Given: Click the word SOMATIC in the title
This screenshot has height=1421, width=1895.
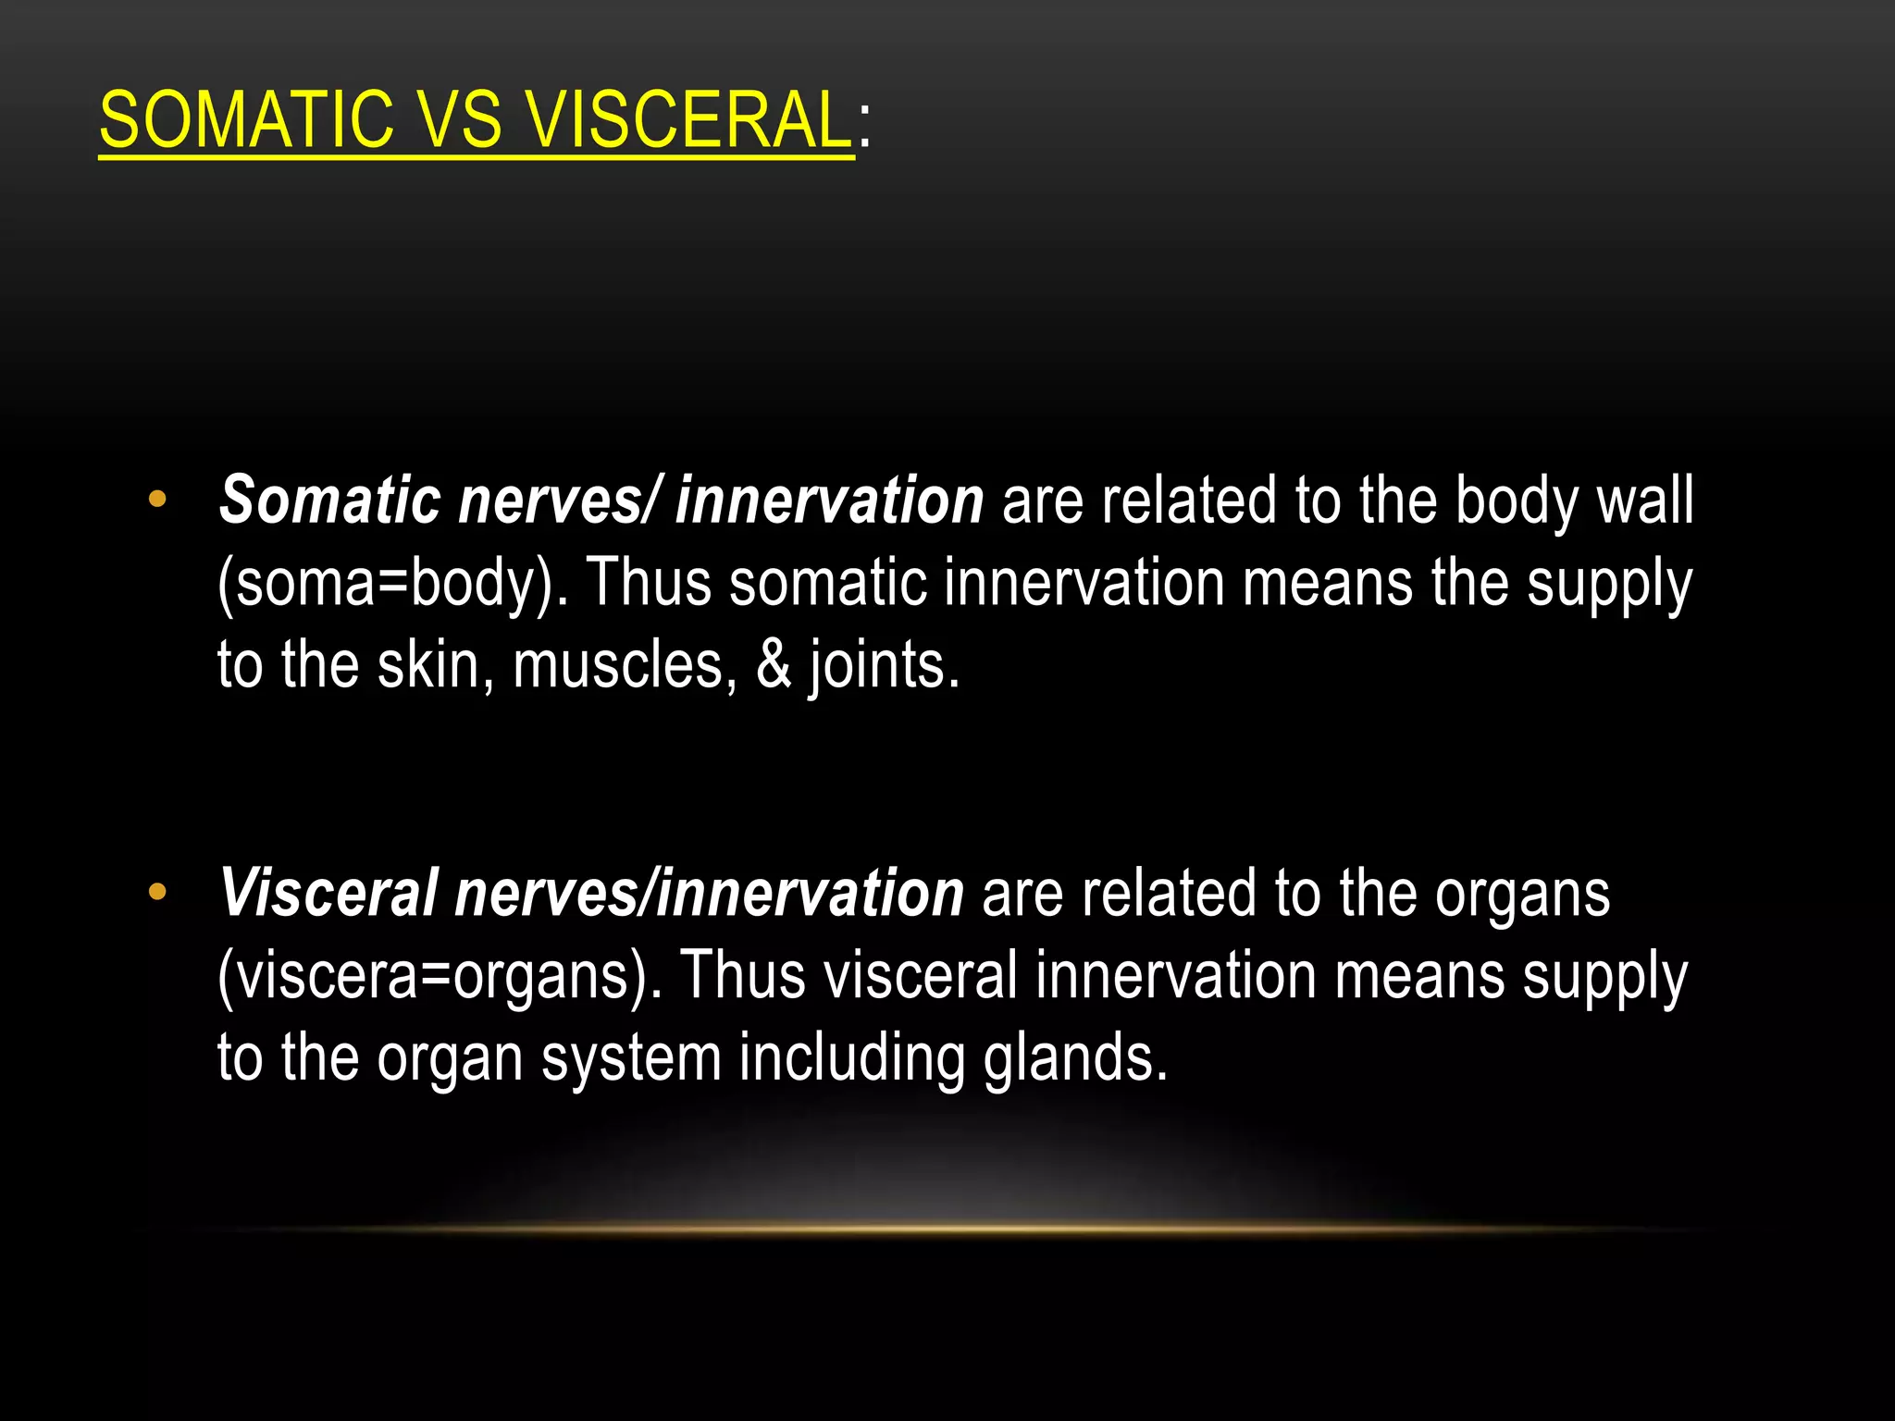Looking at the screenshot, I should pyautogui.click(x=246, y=120).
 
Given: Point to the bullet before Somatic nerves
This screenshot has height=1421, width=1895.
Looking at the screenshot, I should pyautogui.click(x=157, y=500).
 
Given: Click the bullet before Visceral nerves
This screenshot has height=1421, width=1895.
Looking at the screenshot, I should pyautogui.click(x=157, y=893).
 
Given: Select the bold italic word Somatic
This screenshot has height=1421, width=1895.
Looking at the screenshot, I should pyautogui.click(x=329, y=501).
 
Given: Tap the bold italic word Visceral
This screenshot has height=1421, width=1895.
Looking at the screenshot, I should pyautogui.click(x=328, y=895).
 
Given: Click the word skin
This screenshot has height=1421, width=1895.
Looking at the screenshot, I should pyautogui.click(x=434, y=665).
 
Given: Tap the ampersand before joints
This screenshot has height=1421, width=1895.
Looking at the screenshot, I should pyautogui.click(x=774, y=665).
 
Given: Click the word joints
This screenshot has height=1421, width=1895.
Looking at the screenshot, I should pyautogui.click(x=884, y=667).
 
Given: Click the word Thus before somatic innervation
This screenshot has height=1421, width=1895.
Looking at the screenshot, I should pyautogui.click(x=650, y=583).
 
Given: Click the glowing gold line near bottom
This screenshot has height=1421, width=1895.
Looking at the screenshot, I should pyautogui.click(x=947, y=1229).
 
